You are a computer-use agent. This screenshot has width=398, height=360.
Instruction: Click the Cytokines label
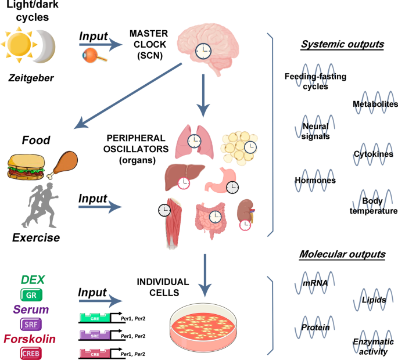tap(370, 154)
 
